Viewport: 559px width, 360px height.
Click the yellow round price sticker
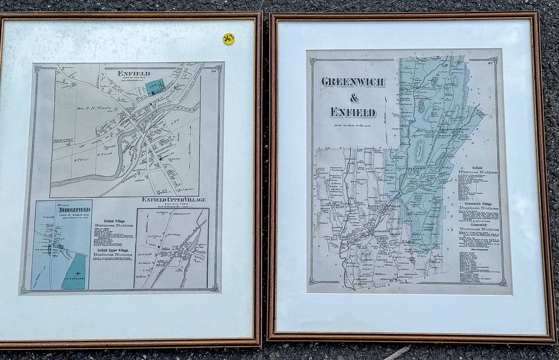click(229, 39)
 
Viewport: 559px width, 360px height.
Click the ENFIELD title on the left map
click(134, 73)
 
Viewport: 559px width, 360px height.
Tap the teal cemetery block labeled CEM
click(155, 87)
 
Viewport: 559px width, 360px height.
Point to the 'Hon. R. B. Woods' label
click(94, 108)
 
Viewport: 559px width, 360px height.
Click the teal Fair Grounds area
click(75, 273)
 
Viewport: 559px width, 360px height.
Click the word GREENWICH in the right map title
click(353, 82)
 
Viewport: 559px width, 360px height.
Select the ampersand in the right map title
click(354, 98)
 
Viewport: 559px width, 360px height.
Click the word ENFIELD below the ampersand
click(353, 112)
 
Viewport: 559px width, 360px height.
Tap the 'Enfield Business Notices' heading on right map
click(478, 170)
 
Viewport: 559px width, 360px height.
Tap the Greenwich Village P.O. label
click(452, 130)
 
